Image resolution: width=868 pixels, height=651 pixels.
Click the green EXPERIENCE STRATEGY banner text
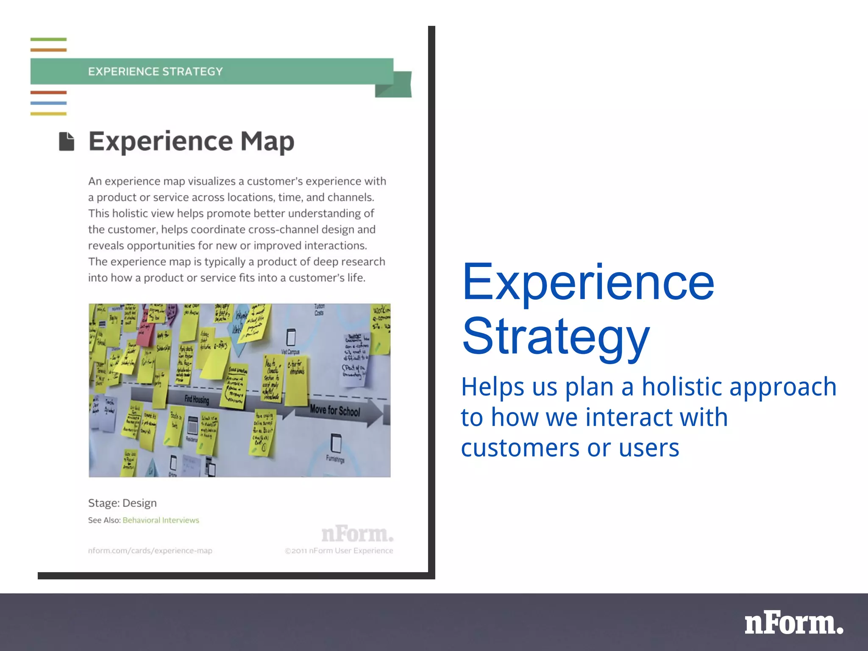[155, 71]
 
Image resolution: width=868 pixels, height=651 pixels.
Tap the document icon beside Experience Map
[67, 141]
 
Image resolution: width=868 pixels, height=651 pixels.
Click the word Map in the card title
[267, 142]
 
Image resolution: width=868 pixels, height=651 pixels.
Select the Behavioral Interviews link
[161, 520]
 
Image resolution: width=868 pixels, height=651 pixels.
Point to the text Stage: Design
[122, 503]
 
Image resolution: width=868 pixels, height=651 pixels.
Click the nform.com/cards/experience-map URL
[150, 551]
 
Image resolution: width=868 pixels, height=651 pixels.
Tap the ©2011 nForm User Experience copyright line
[339, 551]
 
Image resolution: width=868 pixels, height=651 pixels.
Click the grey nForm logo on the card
[357, 534]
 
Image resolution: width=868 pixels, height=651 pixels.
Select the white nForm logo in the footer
[794, 623]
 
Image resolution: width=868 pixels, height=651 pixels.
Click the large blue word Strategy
[555, 337]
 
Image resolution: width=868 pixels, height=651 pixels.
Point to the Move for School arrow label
[335, 410]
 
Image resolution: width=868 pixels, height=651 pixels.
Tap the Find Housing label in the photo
[197, 399]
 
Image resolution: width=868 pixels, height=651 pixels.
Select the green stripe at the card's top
[48, 39]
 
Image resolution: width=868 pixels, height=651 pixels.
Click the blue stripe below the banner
[48, 103]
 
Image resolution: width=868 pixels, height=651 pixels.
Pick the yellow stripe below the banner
[48, 114]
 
